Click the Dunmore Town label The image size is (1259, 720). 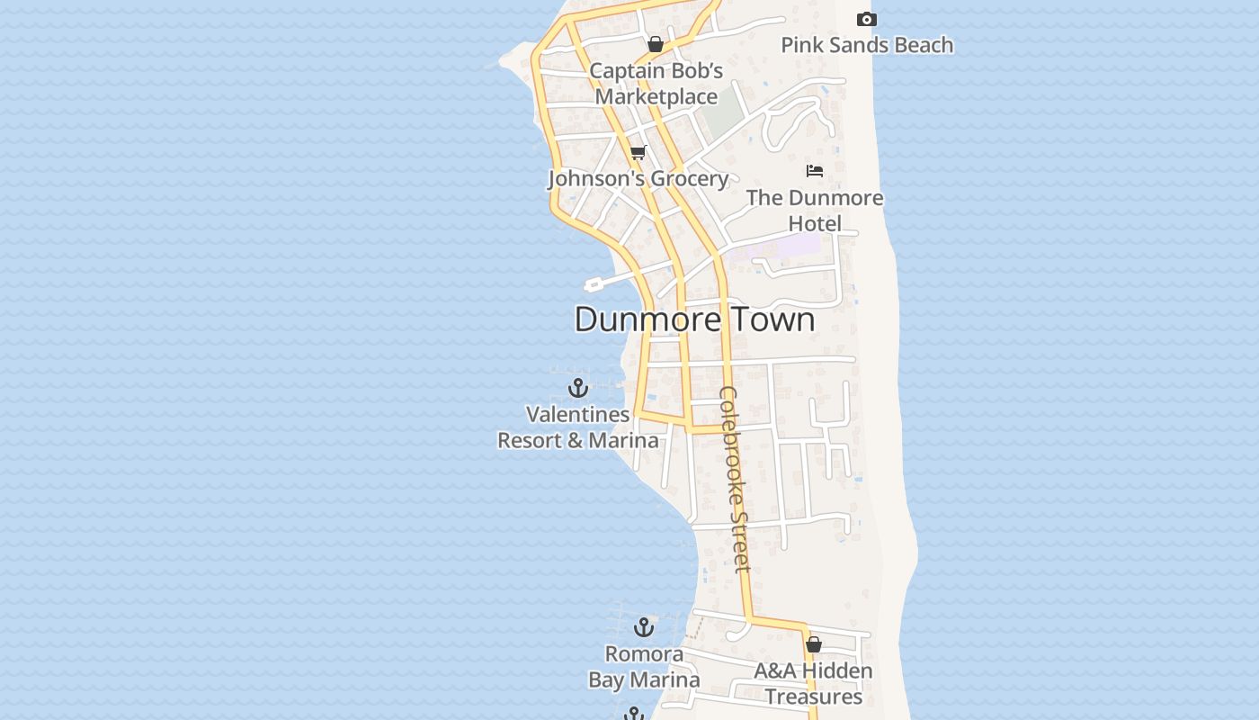coord(694,319)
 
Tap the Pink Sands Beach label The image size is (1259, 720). coord(866,45)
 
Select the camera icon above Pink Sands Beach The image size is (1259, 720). coord(866,20)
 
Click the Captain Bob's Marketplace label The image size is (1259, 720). coord(656,84)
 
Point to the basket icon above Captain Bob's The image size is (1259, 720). coord(656,44)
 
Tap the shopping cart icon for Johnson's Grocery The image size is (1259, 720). coord(638,152)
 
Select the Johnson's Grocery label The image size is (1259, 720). coord(638,178)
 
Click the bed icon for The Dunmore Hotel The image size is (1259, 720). coord(815,171)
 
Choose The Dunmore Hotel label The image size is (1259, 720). coord(815,211)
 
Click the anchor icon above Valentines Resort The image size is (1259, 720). coord(578,388)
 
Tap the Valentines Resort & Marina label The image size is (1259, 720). coord(578,427)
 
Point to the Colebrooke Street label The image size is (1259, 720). coord(734,479)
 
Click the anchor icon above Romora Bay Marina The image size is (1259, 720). coord(644,627)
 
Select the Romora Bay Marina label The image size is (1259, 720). coord(644,667)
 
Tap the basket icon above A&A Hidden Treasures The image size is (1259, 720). coord(814,644)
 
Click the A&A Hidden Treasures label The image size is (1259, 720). coord(813,684)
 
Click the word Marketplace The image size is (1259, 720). coord(656,96)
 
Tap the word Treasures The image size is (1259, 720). coord(814,697)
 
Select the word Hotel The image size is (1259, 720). coord(815,223)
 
